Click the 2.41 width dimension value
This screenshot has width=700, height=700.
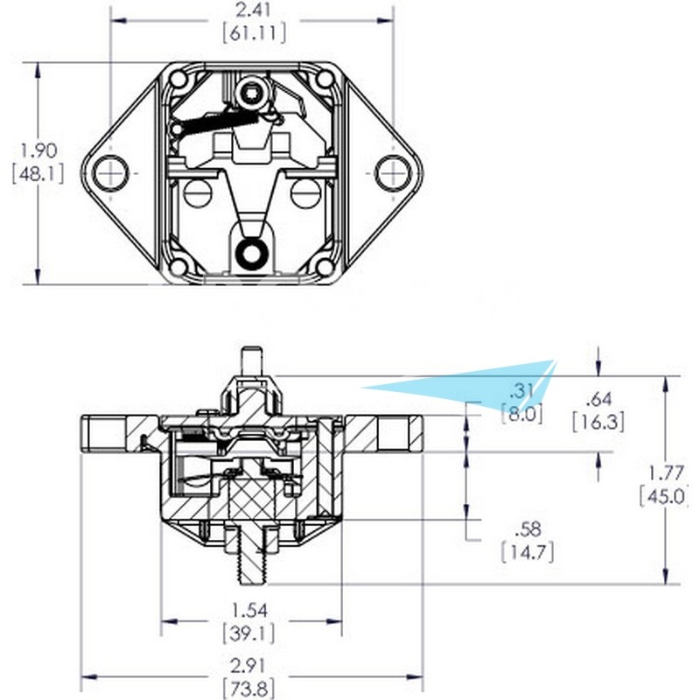click(x=254, y=10)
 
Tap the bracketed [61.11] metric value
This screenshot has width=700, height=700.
click(x=255, y=33)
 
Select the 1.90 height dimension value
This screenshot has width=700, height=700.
click(x=38, y=150)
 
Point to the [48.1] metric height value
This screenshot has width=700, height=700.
click(x=38, y=173)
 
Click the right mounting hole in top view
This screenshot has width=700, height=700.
click(x=393, y=172)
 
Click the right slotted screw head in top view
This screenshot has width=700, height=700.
click(x=305, y=193)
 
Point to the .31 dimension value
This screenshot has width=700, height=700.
click(x=521, y=391)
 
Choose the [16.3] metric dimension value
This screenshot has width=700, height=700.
click(x=598, y=422)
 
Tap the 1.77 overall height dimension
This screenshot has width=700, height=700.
click(x=666, y=472)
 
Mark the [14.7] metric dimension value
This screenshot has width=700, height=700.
click(x=528, y=553)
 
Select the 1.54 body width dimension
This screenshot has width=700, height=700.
click(x=250, y=610)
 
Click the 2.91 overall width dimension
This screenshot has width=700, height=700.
click(x=249, y=666)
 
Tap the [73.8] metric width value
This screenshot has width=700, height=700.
click(x=248, y=689)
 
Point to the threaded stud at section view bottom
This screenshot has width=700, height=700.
click(x=253, y=555)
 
